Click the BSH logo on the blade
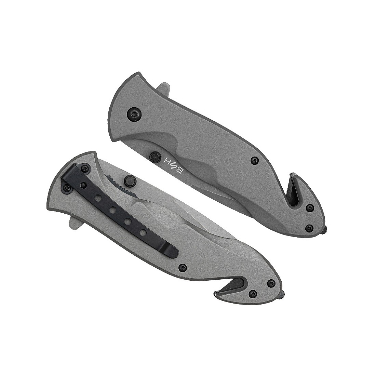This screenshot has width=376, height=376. tap(174, 165)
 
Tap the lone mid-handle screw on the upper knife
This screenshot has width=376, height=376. tap(254, 160)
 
